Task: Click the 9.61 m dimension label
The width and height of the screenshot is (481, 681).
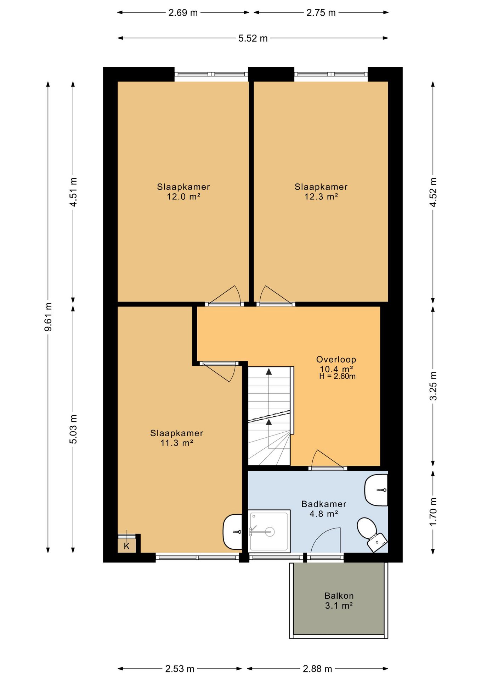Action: [x=48, y=317]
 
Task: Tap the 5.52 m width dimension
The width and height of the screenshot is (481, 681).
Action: [x=253, y=38]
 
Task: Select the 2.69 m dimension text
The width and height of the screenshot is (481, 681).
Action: [x=183, y=13]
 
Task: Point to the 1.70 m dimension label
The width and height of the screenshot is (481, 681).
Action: [x=433, y=512]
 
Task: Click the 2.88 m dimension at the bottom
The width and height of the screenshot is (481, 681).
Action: [x=317, y=669]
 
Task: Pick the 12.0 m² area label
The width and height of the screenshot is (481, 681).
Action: [x=183, y=196]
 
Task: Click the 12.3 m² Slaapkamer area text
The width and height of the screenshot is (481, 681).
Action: [x=321, y=196]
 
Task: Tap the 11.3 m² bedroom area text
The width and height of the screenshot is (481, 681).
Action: [x=177, y=443]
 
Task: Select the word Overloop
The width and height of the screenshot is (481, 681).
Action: [x=336, y=359]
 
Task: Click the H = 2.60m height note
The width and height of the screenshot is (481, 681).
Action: [x=337, y=376]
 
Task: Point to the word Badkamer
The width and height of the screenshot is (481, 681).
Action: [x=324, y=504]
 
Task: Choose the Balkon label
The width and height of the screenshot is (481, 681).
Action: [x=339, y=596]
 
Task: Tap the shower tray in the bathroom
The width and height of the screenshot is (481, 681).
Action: [x=269, y=531]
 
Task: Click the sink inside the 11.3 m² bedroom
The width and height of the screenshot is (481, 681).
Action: [x=233, y=532]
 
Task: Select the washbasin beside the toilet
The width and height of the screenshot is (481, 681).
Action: [x=376, y=490]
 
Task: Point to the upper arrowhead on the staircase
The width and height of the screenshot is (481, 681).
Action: [x=269, y=371]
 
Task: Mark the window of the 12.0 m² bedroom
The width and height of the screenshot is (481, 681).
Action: [x=211, y=74]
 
